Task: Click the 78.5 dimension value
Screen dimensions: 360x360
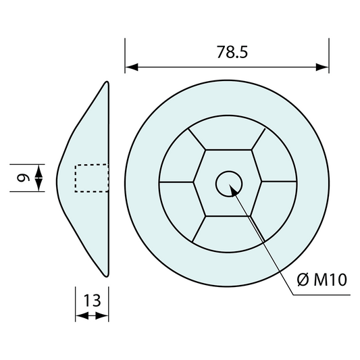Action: coord(232,52)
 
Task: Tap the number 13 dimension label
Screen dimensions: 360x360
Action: coord(92,301)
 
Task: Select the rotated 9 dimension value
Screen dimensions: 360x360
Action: coord(24,178)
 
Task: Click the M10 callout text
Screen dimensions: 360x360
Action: coord(330,280)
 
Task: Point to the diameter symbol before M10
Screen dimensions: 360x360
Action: coord(303,280)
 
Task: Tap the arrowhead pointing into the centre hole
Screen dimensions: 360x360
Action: coord(234,190)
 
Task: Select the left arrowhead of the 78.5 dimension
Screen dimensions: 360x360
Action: coord(132,68)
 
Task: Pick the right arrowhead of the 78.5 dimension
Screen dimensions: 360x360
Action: coord(322,68)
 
